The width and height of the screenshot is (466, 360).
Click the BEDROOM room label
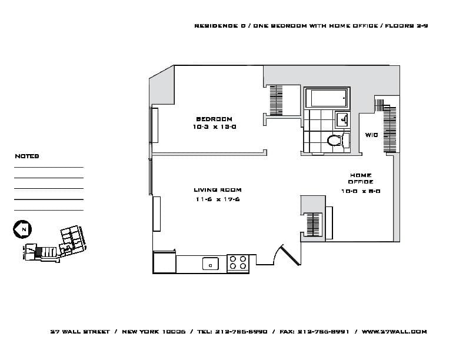click(x=214, y=119)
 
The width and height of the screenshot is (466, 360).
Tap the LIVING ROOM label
click(x=217, y=190)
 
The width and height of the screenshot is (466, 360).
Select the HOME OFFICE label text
click(x=361, y=178)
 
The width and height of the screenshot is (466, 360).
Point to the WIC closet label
click(x=371, y=135)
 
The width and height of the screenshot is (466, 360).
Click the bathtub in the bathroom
click(x=327, y=98)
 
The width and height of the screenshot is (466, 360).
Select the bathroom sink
click(x=342, y=120)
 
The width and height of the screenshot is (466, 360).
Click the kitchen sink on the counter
click(x=210, y=264)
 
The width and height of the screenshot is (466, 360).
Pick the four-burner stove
click(x=238, y=263)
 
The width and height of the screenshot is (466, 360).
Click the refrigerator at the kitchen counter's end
click(x=164, y=262)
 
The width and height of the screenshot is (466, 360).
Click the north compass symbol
click(x=22, y=229)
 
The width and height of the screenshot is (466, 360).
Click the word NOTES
click(x=26, y=156)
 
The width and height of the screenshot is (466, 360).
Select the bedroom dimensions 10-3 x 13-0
click(x=214, y=126)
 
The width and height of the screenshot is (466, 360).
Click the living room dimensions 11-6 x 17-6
click(x=217, y=199)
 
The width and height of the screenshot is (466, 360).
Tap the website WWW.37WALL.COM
click(x=394, y=332)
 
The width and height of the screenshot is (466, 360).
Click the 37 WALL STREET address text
click(x=80, y=332)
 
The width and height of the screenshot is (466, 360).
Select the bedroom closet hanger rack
click(x=277, y=100)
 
